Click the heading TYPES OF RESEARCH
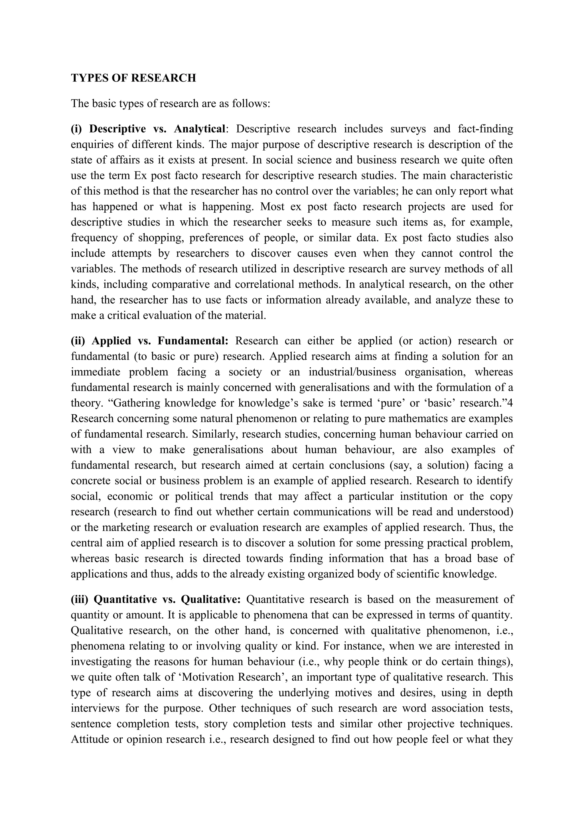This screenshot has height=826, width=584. click(x=133, y=78)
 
